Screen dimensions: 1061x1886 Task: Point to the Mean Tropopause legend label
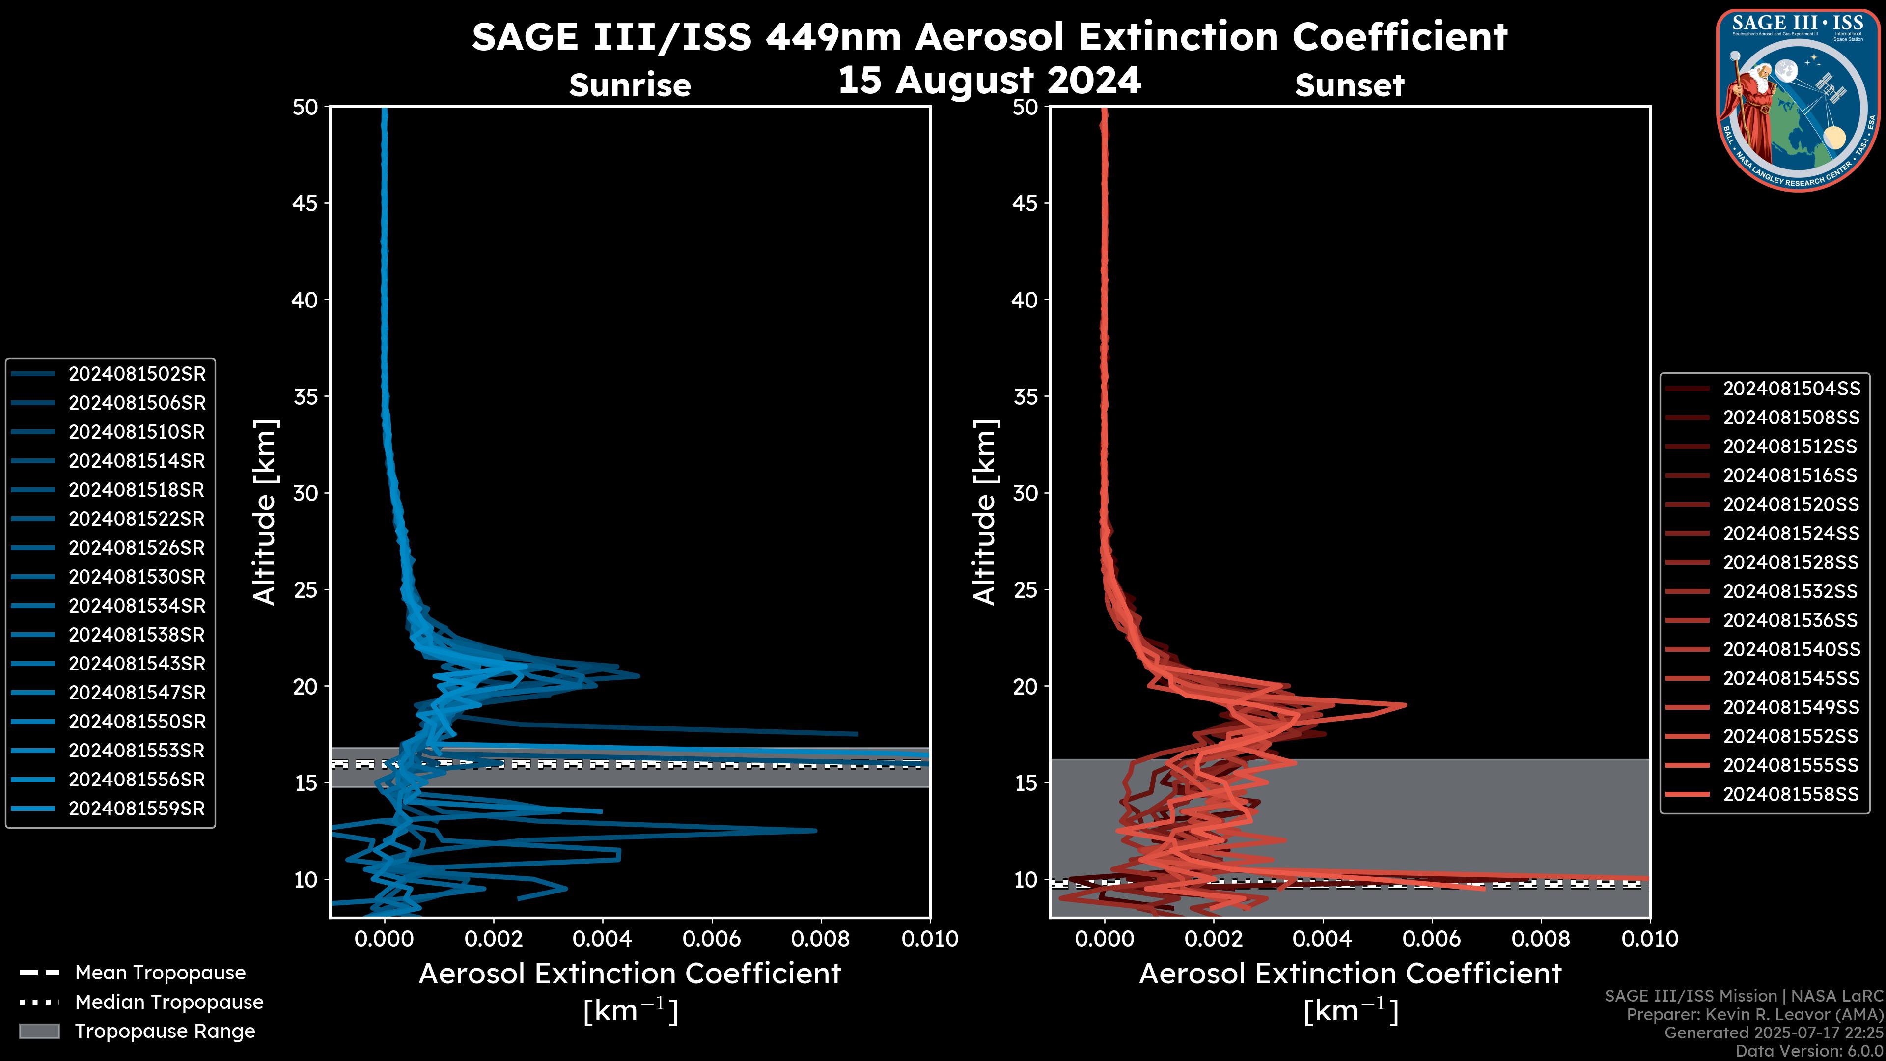(x=160, y=973)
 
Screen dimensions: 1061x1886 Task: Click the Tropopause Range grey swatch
(x=39, y=1032)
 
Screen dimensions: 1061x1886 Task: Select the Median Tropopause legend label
(x=169, y=1003)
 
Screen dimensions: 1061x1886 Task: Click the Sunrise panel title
(x=630, y=85)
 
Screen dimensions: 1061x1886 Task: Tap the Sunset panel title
(x=1349, y=85)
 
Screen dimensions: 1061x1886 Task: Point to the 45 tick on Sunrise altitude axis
(x=305, y=203)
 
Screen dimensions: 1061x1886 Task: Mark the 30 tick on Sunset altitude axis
(x=1026, y=494)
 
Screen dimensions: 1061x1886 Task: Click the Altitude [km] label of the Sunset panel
(x=985, y=512)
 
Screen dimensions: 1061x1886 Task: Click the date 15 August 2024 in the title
(x=989, y=81)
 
